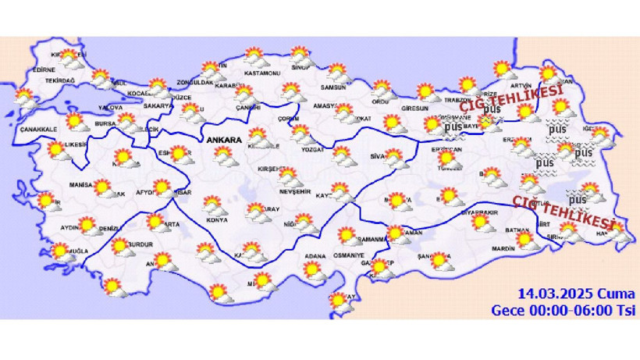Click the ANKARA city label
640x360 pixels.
pos(225,140)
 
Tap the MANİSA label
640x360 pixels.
pos(80,187)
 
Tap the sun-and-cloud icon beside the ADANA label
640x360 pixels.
pos(314,270)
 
